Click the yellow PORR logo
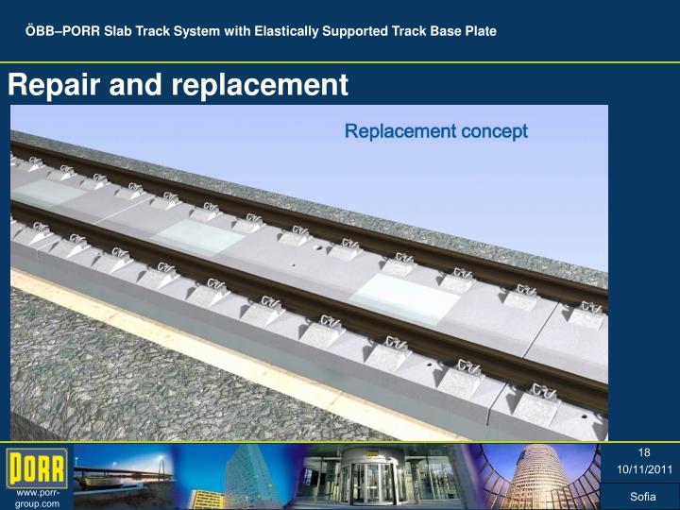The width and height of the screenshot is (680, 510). point(37,468)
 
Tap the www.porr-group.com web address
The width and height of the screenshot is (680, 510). point(37,499)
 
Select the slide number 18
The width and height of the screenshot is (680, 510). point(644,452)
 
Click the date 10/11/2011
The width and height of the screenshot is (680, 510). point(644,468)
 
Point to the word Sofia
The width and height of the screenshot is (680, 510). point(644,497)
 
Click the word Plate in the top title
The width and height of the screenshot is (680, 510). point(480,31)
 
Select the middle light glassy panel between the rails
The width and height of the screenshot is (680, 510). point(199,236)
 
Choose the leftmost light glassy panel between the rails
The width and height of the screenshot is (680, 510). point(47,194)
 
